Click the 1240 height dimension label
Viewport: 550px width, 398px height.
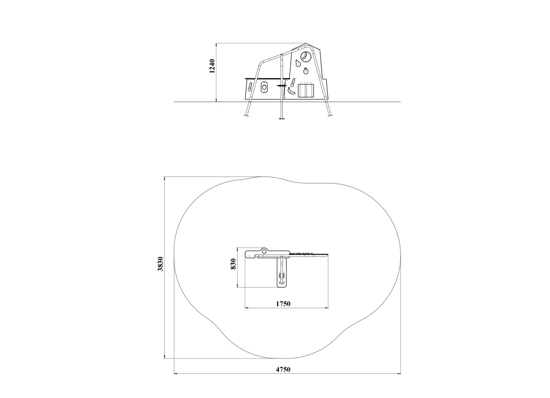point(212,66)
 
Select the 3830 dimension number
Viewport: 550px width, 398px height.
point(160,264)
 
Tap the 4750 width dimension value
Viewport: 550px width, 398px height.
point(283,369)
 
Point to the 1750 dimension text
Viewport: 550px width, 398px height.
point(283,303)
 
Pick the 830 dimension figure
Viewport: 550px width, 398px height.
point(233,264)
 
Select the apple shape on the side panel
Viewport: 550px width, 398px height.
point(305,71)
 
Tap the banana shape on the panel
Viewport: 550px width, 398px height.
point(291,91)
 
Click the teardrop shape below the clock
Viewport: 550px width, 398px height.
point(298,64)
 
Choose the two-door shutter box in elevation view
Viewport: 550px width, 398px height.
point(306,91)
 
